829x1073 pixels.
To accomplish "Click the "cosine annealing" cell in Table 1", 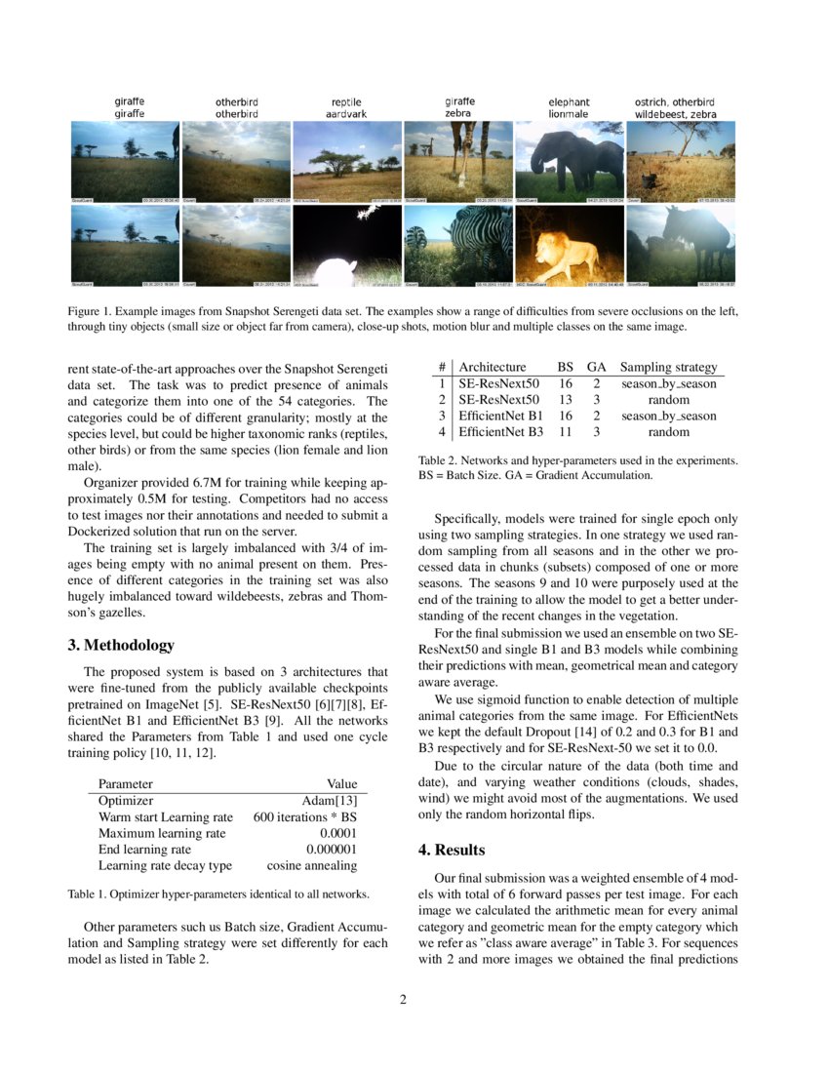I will coord(312,865).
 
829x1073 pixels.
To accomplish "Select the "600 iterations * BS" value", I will coord(304,817).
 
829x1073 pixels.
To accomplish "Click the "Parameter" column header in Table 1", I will coord(125,783).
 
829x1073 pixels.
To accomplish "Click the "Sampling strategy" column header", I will coord(668,367).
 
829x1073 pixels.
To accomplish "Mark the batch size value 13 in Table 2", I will coord(565,400).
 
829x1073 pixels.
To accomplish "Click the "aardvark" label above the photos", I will coord(346,114).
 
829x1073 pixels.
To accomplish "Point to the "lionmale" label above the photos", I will coord(569,114).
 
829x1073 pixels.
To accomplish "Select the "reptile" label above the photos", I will coord(346,101).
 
